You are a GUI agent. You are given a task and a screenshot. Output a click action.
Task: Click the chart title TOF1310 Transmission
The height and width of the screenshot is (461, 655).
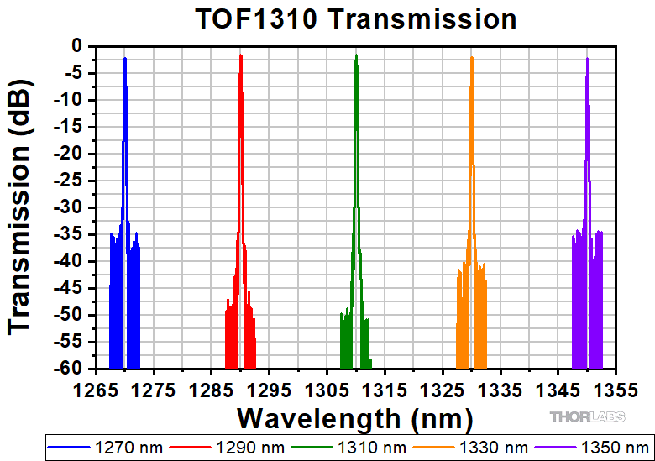pos(355,18)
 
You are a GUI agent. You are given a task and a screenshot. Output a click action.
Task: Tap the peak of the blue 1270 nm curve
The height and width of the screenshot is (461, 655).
pos(125,58)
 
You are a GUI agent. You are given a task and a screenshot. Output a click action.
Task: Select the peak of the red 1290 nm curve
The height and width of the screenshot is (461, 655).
pos(241,55)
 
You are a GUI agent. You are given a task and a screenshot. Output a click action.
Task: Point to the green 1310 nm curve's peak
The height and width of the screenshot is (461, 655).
pos(356,55)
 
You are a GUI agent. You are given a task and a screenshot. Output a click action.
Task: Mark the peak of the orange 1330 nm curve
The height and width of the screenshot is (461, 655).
pos(472,57)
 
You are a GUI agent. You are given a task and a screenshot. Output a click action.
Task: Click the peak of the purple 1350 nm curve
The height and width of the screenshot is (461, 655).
pos(587,58)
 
